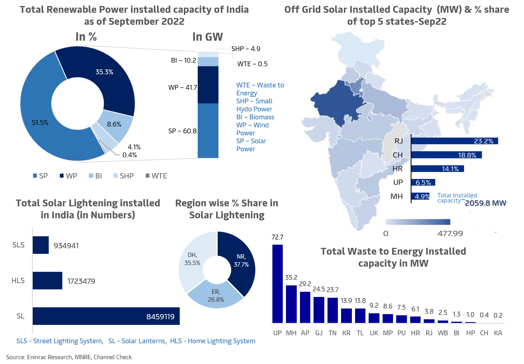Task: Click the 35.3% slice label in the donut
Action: pos(104,72)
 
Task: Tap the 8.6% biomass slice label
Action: pos(114,124)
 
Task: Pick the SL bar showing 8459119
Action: pos(106,316)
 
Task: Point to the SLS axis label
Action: pos(19,245)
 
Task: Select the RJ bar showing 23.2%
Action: pos(454,141)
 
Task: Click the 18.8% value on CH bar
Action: pos(468,155)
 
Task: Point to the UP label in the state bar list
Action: pos(398,182)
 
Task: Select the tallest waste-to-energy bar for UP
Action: pos(277,283)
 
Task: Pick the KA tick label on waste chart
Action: pos(498,332)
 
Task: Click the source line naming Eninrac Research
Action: pos(69,357)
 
